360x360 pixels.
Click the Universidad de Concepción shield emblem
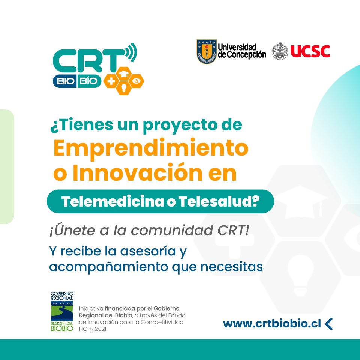(207, 52)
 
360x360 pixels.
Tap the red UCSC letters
(310, 51)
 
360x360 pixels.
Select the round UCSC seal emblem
(280, 51)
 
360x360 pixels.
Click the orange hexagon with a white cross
(111, 80)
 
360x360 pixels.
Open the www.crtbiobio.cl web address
(272, 324)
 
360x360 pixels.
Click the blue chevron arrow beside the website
(329, 324)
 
